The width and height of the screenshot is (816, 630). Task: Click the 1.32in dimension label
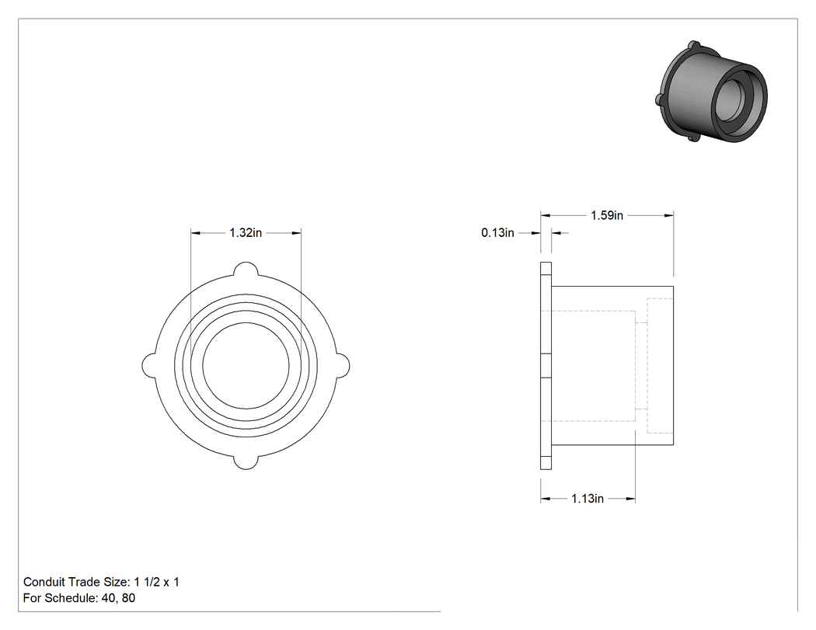(x=246, y=232)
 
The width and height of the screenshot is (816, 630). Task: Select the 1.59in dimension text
(x=607, y=215)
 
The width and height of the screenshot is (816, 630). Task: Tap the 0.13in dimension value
(x=497, y=232)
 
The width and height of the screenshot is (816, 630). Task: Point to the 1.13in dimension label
(x=588, y=499)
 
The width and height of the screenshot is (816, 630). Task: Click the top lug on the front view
(x=246, y=269)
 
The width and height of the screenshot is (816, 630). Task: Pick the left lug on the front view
(x=149, y=366)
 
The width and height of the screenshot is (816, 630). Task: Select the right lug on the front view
(x=343, y=366)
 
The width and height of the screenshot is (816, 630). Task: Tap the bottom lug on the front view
(x=246, y=462)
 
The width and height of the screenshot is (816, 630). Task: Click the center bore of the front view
(x=246, y=366)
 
